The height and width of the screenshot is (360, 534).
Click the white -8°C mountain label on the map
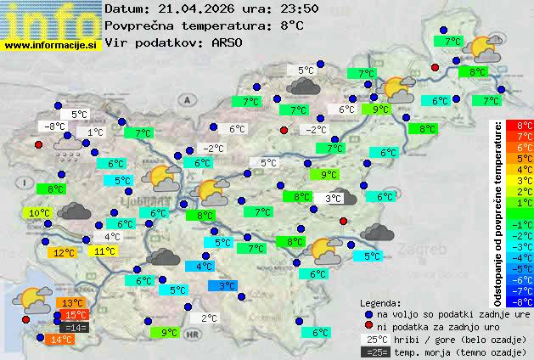55,127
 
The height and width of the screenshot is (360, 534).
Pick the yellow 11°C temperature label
105,250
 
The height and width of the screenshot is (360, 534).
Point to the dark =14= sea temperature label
76,327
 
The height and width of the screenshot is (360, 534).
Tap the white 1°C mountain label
94,132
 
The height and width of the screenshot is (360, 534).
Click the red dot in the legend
368,326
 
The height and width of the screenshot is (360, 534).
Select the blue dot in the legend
368,313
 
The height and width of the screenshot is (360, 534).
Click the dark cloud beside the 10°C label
77,212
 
